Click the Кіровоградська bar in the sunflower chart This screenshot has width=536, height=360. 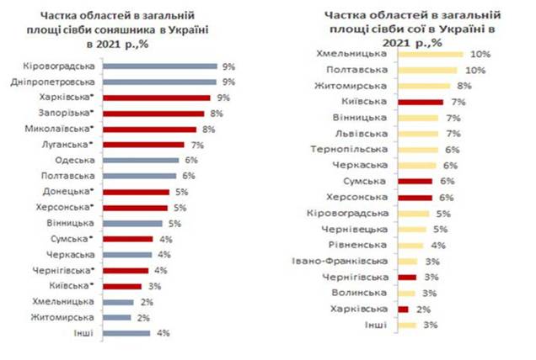tap(160, 66)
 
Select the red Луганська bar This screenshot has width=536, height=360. tap(143, 145)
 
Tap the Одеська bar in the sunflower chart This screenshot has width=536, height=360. tap(141, 161)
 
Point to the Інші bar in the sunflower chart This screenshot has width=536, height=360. tap(126, 333)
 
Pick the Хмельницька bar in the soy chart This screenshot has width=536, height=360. tap(431, 55)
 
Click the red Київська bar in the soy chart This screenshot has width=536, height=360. tap(421, 102)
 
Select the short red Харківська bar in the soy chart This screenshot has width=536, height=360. tap(404, 310)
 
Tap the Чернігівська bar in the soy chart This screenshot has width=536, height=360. tap(407, 278)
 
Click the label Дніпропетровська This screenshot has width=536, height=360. tap(52, 82)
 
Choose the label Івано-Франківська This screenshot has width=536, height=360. tap(340, 262)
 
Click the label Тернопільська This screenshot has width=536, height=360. tap(349, 150)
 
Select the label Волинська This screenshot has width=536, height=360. tap(359, 293)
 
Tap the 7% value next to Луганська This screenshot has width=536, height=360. tap(197, 146)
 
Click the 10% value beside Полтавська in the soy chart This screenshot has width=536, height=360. tap(475, 71)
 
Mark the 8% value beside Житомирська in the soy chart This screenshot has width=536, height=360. tap(464, 86)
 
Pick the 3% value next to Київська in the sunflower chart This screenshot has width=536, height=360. tap(154, 286)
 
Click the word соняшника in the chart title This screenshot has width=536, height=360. tap(124, 30)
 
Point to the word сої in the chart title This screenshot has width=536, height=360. tap(416, 29)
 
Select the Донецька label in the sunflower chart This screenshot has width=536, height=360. tap(67, 192)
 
